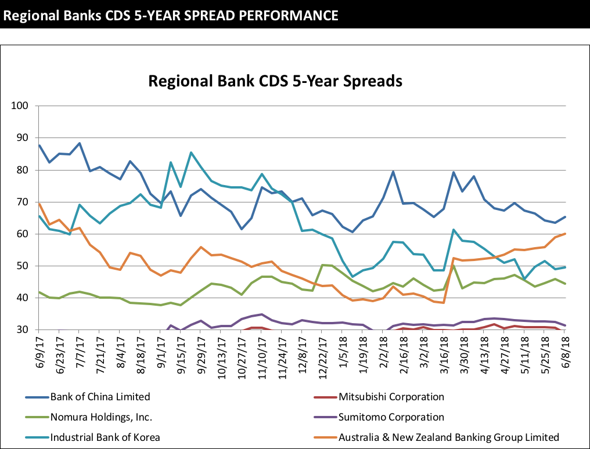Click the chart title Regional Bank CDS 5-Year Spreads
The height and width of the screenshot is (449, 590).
pos(275,81)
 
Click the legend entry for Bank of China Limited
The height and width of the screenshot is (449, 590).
pos(100,397)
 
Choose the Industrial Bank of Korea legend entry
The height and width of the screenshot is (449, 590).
pos(105,437)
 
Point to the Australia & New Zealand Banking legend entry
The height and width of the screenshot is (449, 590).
pos(449,437)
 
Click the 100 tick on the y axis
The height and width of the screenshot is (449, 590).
pos(21,106)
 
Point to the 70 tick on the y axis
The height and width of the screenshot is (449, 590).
pos(24,202)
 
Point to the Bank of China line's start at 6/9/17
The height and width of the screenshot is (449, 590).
pos(39,145)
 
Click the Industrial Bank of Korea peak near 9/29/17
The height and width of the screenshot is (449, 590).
pos(191,153)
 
